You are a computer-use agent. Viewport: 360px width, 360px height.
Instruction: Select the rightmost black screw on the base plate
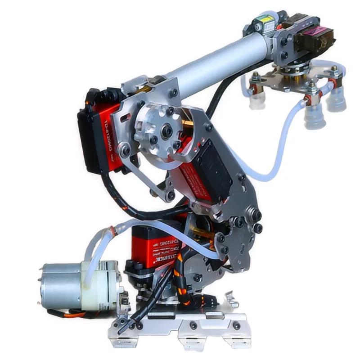tap(236, 325)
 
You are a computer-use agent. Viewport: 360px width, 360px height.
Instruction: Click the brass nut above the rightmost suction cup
tap(334, 69)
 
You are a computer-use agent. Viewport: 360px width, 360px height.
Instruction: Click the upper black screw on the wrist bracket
tap(284, 41)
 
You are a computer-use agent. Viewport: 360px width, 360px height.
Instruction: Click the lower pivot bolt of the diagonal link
tap(171, 195)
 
